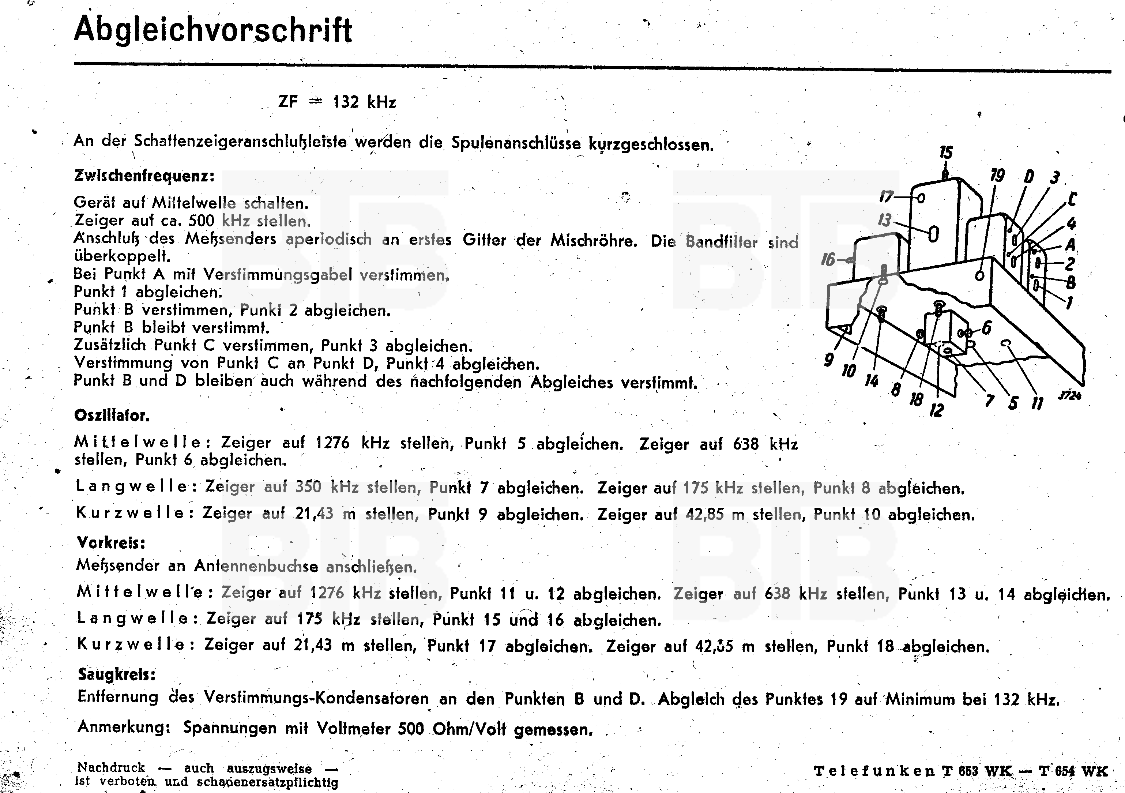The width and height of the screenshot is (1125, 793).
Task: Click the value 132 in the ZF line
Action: point(346,102)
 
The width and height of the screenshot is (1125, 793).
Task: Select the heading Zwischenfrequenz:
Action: point(144,176)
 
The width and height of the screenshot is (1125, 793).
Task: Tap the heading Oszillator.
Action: point(112,416)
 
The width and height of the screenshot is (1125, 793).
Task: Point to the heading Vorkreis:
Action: point(111,542)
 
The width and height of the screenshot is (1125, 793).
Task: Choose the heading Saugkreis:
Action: point(117,674)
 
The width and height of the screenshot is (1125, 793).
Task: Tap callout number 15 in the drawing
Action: point(946,153)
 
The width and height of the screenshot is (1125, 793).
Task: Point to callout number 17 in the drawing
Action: point(886,196)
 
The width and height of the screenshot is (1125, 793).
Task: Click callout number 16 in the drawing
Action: point(828,259)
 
